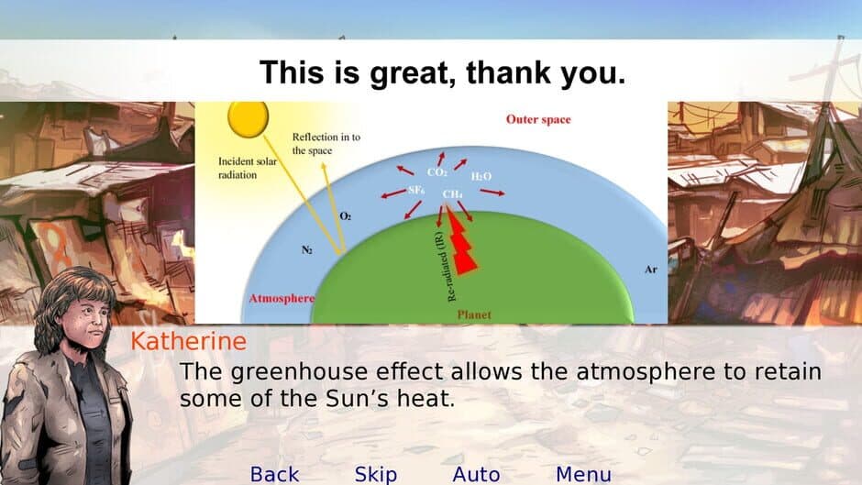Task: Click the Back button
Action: coord(274,473)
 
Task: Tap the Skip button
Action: coord(376,473)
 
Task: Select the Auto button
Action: coord(476,473)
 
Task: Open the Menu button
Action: coord(583,473)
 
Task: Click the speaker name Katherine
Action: coord(188,342)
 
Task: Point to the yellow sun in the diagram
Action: coord(248,116)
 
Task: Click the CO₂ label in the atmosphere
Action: coord(437,172)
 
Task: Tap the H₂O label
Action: coord(481,175)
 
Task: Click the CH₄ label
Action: coord(452,194)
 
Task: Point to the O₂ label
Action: coord(346,216)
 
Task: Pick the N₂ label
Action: coord(306,248)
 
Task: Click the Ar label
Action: coord(651,270)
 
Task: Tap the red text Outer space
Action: coord(538,120)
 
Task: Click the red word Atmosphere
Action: coord(282,299)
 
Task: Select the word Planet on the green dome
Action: coord(474,314)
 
